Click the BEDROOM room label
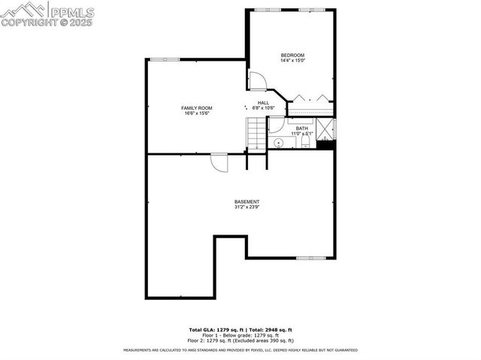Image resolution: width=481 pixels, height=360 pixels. [x=292, y=55]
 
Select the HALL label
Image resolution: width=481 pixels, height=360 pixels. [x=263, y=103]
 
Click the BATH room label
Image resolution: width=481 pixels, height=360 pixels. [x=301, y=129]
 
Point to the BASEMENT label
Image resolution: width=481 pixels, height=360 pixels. [x=247, y=201]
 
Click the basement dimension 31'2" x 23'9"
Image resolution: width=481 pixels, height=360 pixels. [x=247, y=207]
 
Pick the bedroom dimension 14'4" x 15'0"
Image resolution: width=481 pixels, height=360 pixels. [x=292, y=60]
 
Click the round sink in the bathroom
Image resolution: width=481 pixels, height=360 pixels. [x=278, y=141]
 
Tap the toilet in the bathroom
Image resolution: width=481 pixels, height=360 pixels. [x=304, y=141]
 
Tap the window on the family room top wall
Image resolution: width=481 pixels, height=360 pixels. [x=164, y=59]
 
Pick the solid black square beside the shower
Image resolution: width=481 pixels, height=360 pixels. [x=325, y=146]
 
